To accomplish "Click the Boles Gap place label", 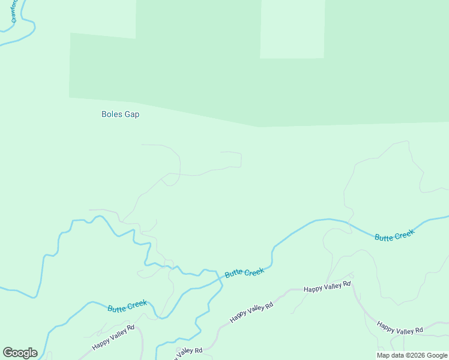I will point(120,114).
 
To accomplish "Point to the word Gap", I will point(131,114).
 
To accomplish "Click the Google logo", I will point(20,353).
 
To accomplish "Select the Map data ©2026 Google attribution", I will point(412,355).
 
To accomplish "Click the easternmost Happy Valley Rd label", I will point(400,328).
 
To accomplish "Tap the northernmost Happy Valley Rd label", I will point(327,287).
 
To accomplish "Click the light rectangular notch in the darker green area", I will point(292,29).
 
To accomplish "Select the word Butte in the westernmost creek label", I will point(116,308).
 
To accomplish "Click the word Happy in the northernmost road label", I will point(313,289).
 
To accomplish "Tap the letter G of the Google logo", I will point(8,353).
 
